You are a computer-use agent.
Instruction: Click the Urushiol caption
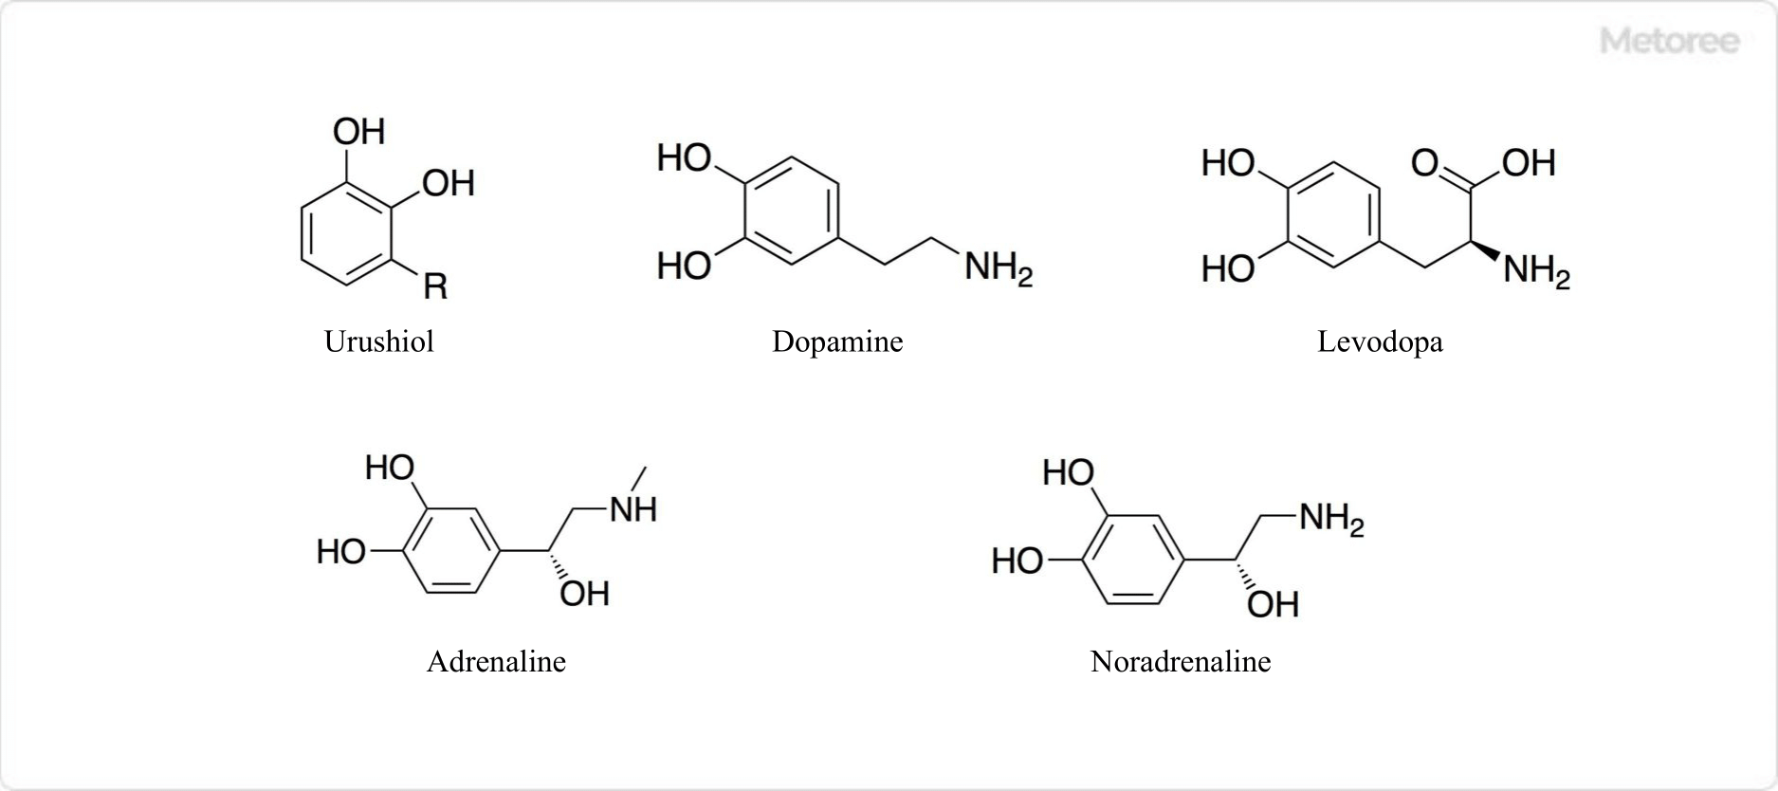point(379,341)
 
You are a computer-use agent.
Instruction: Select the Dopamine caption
point(837,341)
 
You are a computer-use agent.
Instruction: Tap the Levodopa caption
point(1380,341)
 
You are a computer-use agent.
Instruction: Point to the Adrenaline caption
point(496,661)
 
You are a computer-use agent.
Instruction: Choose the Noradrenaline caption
point(1181,661)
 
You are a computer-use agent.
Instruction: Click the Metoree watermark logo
point(1670,41)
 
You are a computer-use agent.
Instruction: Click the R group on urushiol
point(435,285)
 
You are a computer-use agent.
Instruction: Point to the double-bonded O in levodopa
point(1424,163)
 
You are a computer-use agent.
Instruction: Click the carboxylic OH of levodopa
point(1528,163)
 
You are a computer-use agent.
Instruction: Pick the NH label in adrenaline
point(633,509)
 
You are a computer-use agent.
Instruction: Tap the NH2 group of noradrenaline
point(1330,519)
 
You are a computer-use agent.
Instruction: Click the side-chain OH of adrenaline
point(584,594)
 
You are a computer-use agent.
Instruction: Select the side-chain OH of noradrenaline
point(1273,604)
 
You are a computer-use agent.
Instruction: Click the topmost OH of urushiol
point(359,132)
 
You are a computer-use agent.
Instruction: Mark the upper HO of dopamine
point(685,157)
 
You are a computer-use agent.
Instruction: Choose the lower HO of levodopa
point(1228,269)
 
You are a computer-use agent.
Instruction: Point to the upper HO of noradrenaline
point(1069,472)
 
